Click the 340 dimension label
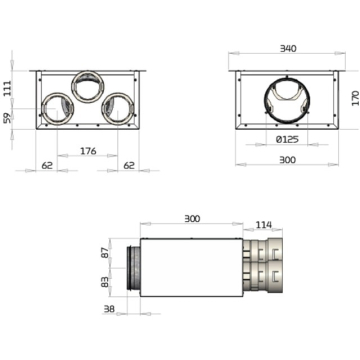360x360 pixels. (x=288, y=49)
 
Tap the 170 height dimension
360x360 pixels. (x=355, y=98)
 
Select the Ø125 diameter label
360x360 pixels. (x=287, y=140)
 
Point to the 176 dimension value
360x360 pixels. (x=88, y=151)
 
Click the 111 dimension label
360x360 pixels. (x=8, y=88)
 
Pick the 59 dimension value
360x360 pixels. (x=8, y=118)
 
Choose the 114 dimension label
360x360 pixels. (x=264, y=225)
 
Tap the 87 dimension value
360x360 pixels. (x=105, y=253)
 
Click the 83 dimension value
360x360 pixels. (x=105, y=282)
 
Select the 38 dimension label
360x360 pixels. (x=109, y=309)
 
